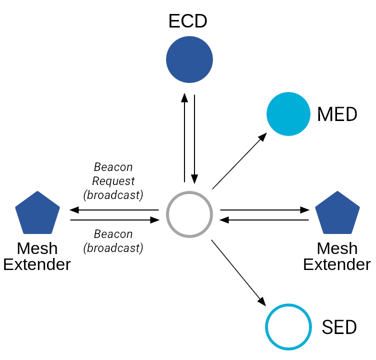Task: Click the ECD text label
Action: click(x=188, y=21)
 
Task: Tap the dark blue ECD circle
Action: click(x=189, y=59)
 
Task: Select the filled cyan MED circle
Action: click(x=288, y=114)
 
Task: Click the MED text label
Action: click(x=337, y=114)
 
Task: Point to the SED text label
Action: click(x=339, y=327)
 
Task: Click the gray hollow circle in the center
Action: click(x=166, y=214)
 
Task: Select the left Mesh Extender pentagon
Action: click(x=37, y=213)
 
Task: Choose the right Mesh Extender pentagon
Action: click(x=337, y=213)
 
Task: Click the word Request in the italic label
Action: click(x=113, y=181)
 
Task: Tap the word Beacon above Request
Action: click(x=113, y=167)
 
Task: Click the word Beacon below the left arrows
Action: click(x=113, y=234)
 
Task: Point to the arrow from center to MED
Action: click(x=239, y=160)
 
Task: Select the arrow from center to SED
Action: click(x=238, y=273)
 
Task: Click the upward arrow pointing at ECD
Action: click(x=184, y=137)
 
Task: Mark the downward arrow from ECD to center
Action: click(x=194, y=139)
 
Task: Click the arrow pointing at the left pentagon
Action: click(x=114, y=210)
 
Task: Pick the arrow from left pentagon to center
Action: click(x=115, y=220)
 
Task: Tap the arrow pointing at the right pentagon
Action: click(x=264, y=210)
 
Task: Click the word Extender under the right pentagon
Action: click(x=337, y=264)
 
